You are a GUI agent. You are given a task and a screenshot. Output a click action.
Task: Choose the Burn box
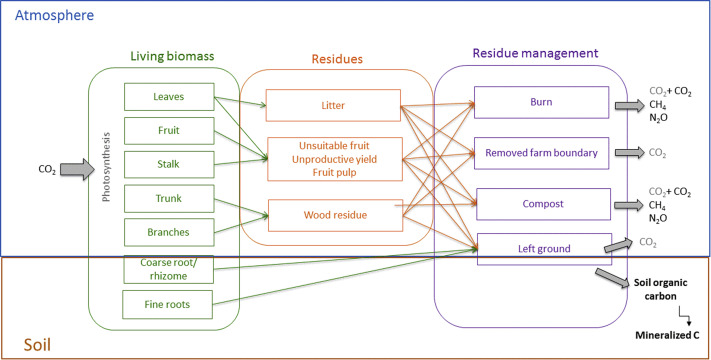[540, 102]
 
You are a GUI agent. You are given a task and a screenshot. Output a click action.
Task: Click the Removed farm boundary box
[540, 153]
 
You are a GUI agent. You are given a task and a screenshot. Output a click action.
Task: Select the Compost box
[540, 203]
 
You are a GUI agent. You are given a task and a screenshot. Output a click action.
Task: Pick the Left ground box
[540, 247]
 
